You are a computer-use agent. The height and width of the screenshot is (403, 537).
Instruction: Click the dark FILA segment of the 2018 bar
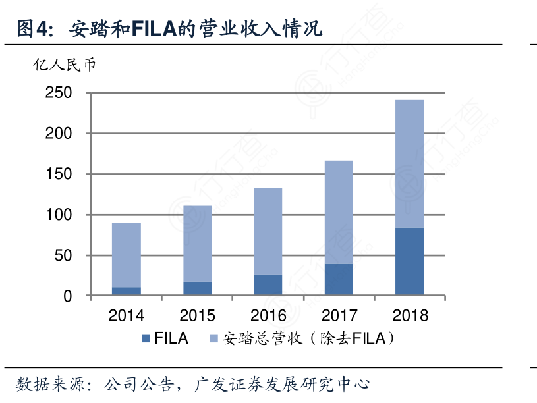pyautogui.click(x=409, y=261)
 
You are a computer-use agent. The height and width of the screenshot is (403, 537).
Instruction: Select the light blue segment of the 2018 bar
pyautogui.click(x=409, y=164)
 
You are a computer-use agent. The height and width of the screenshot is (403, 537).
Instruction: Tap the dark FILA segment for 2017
pyautogui.click(x=339, y=279)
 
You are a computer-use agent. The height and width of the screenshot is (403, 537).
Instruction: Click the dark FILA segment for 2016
pyautogui.click(x=268, y=284)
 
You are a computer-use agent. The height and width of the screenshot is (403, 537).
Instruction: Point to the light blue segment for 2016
pyautogui.click(x=268, y=231)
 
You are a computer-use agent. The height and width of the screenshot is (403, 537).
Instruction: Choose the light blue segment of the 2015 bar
pyautogui.click(x=197, y=244)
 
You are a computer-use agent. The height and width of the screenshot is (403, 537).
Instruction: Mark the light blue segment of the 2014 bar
pyautogui.click(x=127, y=255)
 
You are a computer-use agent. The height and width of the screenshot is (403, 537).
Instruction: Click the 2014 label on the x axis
pyautogui.click(x=127, y=315)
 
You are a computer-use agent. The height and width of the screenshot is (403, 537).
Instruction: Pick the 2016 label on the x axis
pyautogui.click(x=268, y=315)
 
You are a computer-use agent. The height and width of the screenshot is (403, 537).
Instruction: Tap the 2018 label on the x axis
pyautogui.click(x=409, y=315)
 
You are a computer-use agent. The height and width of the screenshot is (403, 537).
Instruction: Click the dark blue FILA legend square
pyautogui.click(x=146, y=339)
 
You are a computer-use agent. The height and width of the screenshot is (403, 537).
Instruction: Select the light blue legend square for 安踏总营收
pyautogui.click(x=213, y=339)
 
